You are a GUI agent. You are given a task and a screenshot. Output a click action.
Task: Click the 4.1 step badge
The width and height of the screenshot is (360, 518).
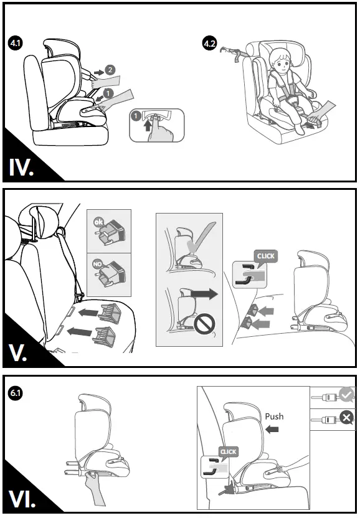click(x=16, y=43)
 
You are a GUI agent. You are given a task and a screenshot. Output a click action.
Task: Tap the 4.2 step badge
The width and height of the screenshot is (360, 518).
click(x=210, y=44)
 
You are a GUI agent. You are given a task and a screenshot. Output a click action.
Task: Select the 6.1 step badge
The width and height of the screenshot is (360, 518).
click(x=16, y=393)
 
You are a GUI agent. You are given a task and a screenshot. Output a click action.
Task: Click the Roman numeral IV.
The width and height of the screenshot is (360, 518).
click(x=21, y=167)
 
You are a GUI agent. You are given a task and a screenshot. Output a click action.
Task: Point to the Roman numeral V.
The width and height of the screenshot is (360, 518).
click(x=18, y=353)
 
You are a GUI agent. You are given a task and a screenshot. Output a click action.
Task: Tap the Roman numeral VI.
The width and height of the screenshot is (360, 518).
click(x=22, y=499)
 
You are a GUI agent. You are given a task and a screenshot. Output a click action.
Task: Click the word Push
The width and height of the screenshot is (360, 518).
click(x=274, y=417)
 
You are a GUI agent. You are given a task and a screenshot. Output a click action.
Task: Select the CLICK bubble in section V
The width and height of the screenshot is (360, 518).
click(x=266, y=257)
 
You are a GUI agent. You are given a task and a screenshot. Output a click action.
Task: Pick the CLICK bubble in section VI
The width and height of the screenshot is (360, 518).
click(x=228, y=451)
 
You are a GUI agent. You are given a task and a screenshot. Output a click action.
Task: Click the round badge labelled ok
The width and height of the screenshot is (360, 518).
click(x=98, y=222)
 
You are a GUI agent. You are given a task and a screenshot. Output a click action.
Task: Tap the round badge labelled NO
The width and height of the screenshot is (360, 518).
click(x=97, y=264)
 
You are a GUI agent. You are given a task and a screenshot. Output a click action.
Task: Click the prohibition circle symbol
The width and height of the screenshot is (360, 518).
click(x=204, y=324)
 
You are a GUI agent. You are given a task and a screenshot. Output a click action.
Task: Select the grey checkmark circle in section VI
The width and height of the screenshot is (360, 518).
click(x=346, y=395)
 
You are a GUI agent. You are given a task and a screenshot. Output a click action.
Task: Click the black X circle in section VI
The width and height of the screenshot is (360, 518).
click(x=346, y=418)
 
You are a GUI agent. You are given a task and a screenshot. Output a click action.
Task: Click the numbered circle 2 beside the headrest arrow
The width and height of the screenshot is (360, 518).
click(x=110, y=70)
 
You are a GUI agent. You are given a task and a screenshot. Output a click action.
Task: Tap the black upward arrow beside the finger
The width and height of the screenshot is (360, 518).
click(x=148, y=125)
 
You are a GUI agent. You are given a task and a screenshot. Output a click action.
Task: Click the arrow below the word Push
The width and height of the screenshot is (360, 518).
click(x=272, y=430)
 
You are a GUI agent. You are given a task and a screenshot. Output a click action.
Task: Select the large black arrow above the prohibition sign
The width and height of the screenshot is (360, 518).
click(x=204, y=294)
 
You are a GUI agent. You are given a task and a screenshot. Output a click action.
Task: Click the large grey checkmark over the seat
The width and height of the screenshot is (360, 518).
click(x=201, y=239)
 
